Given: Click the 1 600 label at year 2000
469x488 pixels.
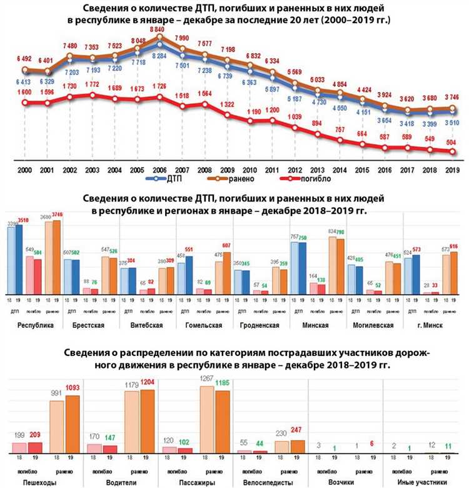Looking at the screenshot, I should (25, 93).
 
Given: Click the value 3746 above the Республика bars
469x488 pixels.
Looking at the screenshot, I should (58, 215).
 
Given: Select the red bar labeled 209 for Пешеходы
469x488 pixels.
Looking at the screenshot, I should (35, 447).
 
